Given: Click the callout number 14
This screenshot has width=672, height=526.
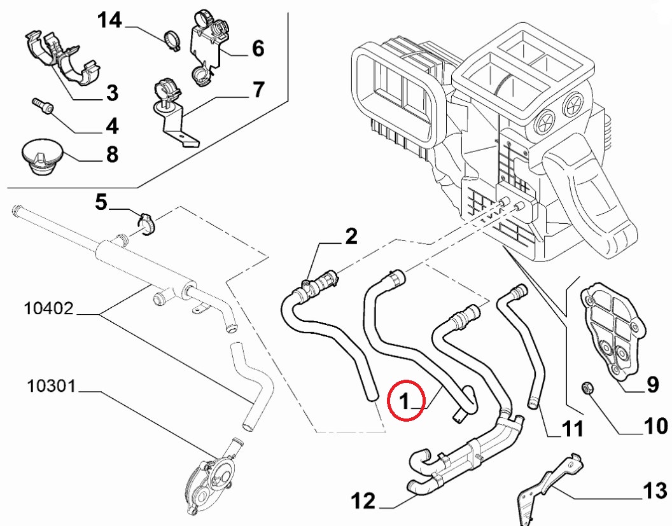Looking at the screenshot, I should click(109, 21).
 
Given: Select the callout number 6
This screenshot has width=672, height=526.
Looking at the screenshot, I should click(258, 48).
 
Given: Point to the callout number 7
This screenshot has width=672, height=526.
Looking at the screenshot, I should click(258, 90).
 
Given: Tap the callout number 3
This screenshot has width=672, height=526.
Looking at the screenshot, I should click(111, 94).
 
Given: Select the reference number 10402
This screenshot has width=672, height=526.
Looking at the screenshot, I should click(49, 309).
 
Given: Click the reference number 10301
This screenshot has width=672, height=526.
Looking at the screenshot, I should click(52, 385).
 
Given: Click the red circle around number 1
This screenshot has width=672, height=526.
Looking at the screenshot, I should click(405, 400).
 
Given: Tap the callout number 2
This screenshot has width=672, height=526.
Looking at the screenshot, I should click(351, 237).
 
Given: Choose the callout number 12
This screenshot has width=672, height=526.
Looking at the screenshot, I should click(363, 502).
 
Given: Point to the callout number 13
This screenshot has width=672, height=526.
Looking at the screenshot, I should click(654, 491).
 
